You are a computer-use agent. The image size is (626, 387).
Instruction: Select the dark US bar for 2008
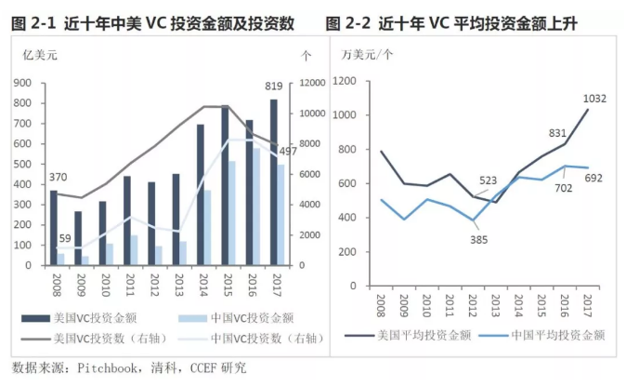pyautogui.click(x=54, y=228)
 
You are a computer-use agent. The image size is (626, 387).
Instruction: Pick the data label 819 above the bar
pyautogui.click(x=273, y=87)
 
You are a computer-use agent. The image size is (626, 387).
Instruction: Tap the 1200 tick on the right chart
pyautogui.click(x=348, y=81)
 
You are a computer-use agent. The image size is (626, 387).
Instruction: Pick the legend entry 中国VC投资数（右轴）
pyautogui.click(x=252, y=338)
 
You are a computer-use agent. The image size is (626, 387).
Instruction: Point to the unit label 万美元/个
pyautogui.click(x=367, y=57)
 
